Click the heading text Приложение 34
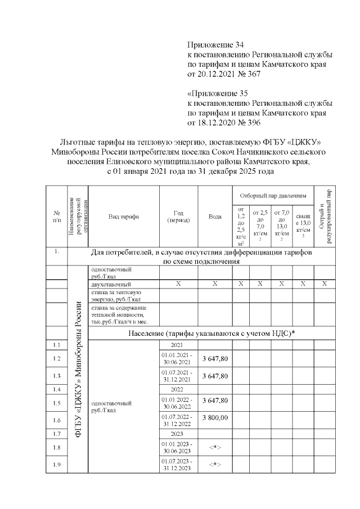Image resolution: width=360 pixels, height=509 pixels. (217, 44)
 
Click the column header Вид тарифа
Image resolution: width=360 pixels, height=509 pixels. (123, 216)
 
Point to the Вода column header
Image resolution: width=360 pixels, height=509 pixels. (215, 216)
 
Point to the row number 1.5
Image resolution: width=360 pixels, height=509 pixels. (56, 403)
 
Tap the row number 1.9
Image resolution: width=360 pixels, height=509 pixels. (56, 465)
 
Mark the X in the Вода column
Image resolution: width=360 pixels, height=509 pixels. (215, 284)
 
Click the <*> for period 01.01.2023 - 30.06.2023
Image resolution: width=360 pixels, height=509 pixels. (215, 449)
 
